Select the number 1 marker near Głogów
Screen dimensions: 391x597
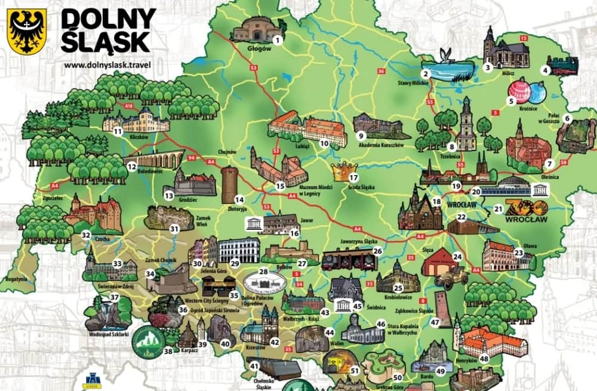point(276,40)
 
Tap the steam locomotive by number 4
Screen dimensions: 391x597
point(564,64)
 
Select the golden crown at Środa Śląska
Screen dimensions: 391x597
point(343,171)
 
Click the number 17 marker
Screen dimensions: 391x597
point(353,177)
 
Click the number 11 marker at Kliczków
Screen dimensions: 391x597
point(118,131)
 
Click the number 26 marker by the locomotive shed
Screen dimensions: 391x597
point(377,251)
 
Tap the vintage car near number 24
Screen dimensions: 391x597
point(452,276)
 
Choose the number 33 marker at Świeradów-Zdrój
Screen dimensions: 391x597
point(117,263)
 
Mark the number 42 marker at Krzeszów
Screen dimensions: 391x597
point(275,342)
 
